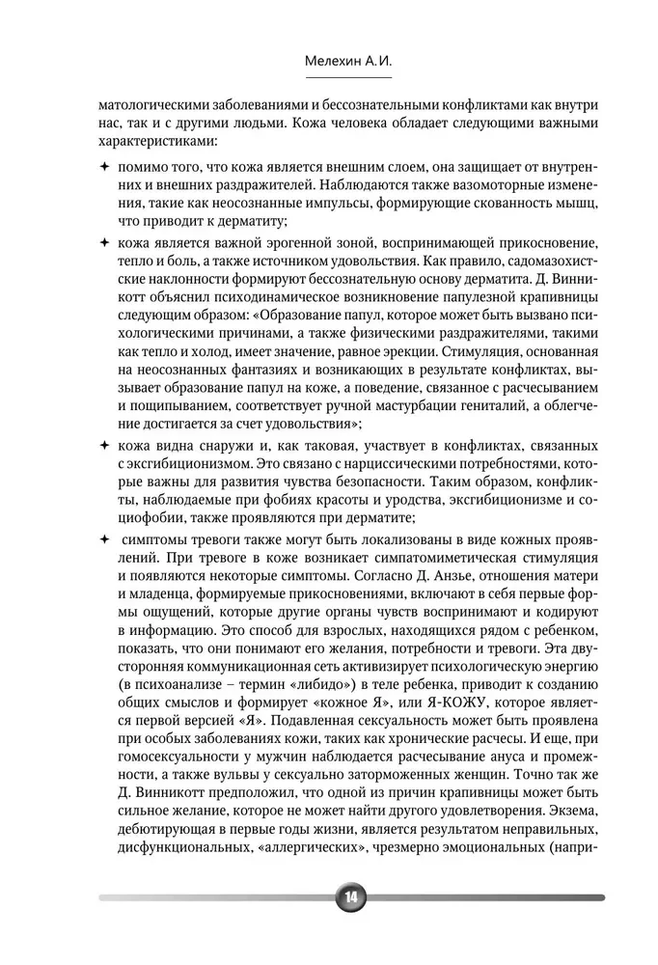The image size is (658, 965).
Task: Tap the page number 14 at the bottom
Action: pos(351,897)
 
